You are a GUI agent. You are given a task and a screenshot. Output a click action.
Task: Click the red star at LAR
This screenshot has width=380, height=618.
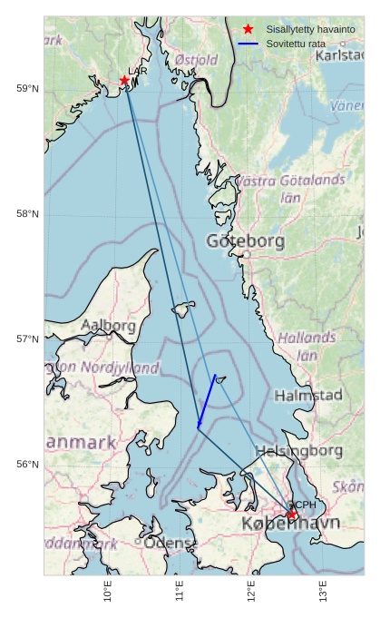[x=124, y=81]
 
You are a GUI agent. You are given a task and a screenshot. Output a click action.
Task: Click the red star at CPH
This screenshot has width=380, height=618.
[x=292, y=515]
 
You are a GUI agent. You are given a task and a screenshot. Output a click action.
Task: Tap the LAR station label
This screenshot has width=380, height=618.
[x=137, y=71]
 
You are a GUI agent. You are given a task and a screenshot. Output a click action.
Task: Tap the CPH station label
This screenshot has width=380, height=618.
[x=304, y=505]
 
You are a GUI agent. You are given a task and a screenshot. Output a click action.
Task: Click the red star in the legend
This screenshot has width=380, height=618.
[x=248, y=29]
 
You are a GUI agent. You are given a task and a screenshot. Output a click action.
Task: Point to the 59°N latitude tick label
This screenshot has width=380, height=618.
[x=28, y=88]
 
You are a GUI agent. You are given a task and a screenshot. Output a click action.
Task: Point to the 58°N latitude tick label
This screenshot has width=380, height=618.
[x=28, y=213]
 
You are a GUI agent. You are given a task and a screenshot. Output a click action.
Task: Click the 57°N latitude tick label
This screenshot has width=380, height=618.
[x=28, y=338]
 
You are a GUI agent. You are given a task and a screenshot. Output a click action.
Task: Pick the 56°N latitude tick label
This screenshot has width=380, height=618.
[x=28, y=464]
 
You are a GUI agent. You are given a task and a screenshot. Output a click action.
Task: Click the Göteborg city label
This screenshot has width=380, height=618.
[x=245, y=241]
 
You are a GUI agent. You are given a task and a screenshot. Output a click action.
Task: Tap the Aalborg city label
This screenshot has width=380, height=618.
[x=109, y=325]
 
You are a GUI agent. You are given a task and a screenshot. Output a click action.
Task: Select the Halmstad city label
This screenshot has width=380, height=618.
[x=308, y=396]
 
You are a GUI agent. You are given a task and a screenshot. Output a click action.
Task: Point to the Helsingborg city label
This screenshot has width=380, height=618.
[x=298, y=450]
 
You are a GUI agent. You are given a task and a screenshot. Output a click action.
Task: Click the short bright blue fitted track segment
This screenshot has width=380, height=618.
[x=207, y=400]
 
